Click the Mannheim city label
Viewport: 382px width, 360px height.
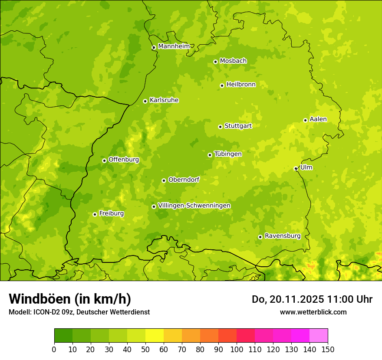click(x=174, y=46)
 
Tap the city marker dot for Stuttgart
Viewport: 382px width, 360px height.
click(x=220, y=127)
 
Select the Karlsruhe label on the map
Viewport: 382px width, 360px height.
click(x=164, y=100)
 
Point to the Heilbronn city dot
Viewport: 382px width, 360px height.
click(x=222, y=85)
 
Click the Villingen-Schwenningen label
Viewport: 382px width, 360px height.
click(x=194, y=206)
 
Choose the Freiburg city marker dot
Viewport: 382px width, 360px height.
click(x=95, y=214)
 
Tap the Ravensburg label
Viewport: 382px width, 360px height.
click(x=283, y=236)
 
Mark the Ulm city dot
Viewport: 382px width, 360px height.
click(x=296, y=169)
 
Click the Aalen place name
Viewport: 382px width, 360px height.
click(x=318, y=119)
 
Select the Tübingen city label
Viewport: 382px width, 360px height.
click(x=228, y=154)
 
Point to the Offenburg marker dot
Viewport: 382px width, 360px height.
click(x=104, y=160)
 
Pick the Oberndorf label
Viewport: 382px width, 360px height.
click(x=184, y=180)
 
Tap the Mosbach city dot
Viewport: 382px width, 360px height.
click(x=215, y=62)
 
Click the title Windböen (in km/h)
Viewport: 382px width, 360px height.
click(x=69, y=299)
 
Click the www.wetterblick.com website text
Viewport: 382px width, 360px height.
click(x=313, y=312)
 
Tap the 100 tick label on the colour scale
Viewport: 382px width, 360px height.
click(x=237, y=350)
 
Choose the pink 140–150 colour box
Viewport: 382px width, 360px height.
click(x=319, y=336)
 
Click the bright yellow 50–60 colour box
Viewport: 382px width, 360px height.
click(x=155, y=336)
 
